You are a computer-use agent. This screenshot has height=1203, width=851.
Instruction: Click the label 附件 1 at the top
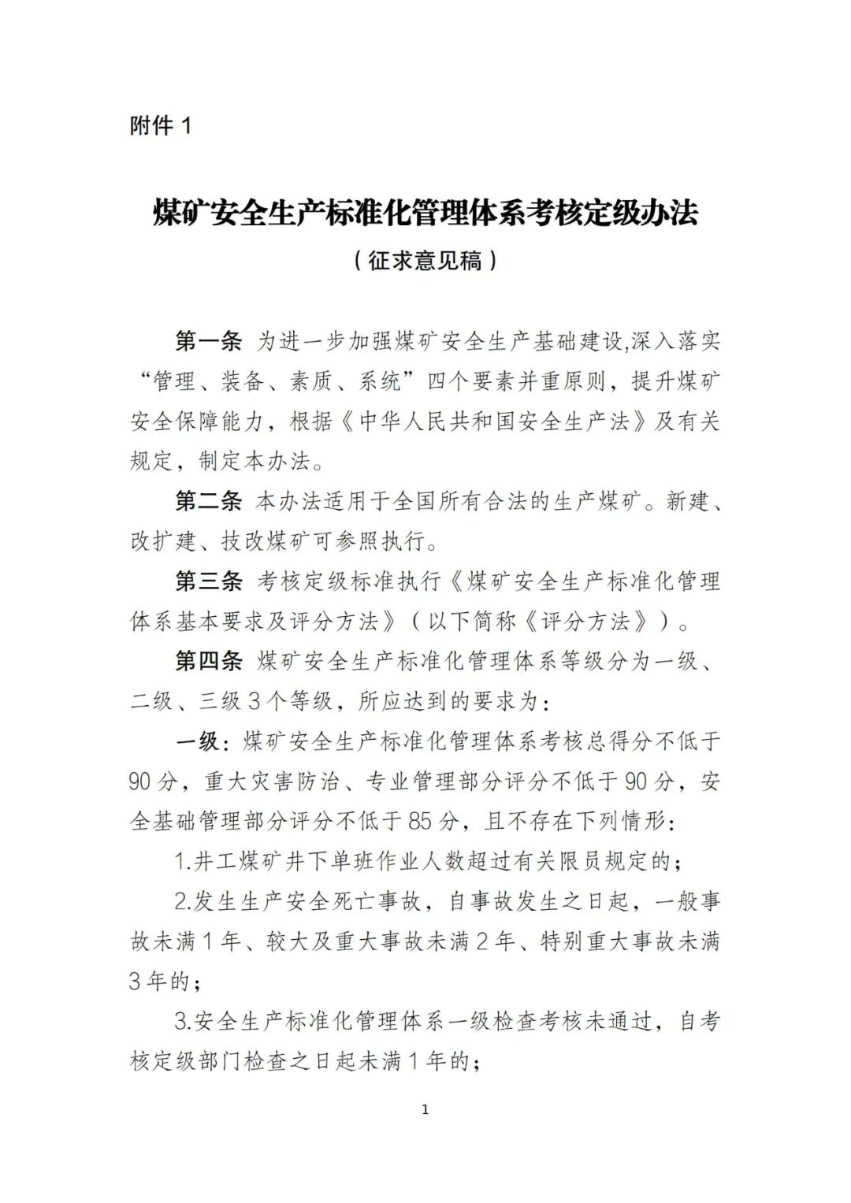coord(161,125)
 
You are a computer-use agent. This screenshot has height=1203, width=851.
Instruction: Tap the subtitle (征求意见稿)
coord(425,261)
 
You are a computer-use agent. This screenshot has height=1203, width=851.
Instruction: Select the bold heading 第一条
coord(208,342)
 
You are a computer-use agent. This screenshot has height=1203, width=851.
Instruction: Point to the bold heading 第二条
coord(208,501)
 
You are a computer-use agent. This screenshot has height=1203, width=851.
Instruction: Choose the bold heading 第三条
coord(208,581)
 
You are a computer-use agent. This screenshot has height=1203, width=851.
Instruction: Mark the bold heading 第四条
coord(208,661)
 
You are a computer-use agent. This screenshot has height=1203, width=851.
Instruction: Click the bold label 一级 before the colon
coord(196,741)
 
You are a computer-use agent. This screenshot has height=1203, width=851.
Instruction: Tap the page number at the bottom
coord(425,1110)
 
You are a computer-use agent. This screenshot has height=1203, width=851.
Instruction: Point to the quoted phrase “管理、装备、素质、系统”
coord(273,382)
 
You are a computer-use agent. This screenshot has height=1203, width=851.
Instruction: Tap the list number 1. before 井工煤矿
coord(183,862)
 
